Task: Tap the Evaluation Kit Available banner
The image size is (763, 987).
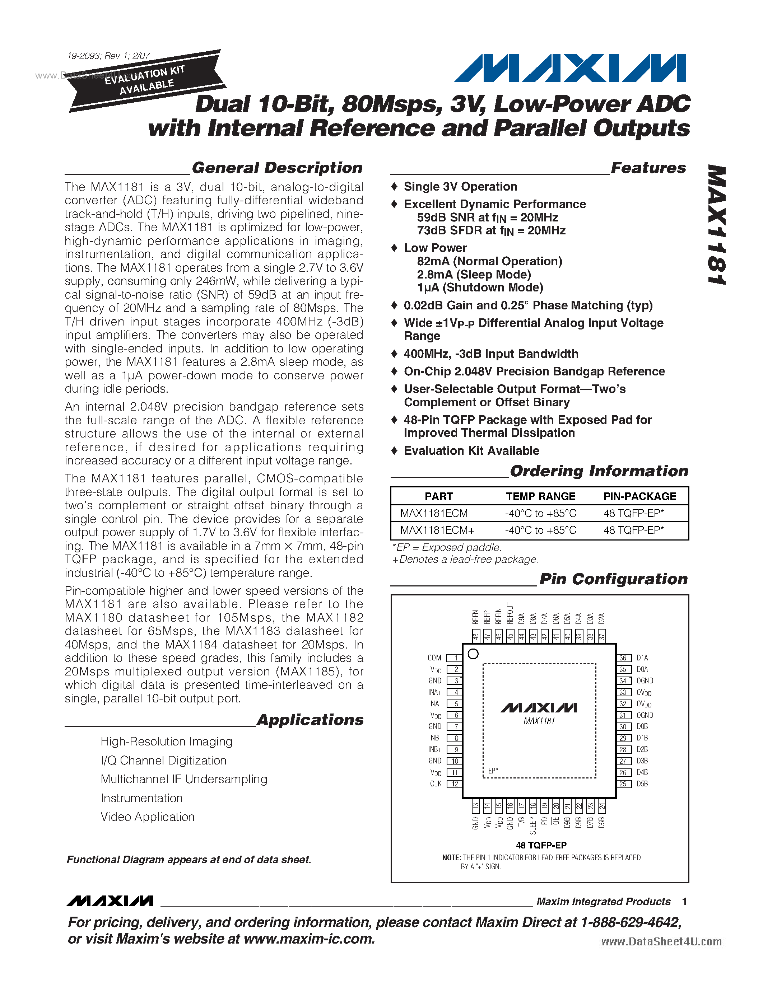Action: pyautogui.click(x=145, y=80)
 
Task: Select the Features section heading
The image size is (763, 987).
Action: pyautogui.click(x=648, y=168)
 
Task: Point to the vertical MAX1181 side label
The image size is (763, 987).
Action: pyautogui.click(x=716, y=225)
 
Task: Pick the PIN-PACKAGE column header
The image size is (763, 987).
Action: pyautogui.click(x=639, y=496)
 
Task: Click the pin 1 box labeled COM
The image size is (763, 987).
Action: pyautogui.click(x=454, y=658)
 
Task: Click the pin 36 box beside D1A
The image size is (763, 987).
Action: pyautogui.click(x=623, y=658)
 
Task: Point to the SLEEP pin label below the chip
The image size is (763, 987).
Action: pyautogui.click(x=533, y=825)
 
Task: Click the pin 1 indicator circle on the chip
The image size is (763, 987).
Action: pyautogui.click(x=473, y=654)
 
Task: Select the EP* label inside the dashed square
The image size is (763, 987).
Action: pyautogui.click(x=493, y=771)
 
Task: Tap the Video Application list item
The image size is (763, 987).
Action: pyautogui.click(x=147, y=817)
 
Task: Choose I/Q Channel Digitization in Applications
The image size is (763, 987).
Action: pyautogui.click(x=163, y=760)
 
